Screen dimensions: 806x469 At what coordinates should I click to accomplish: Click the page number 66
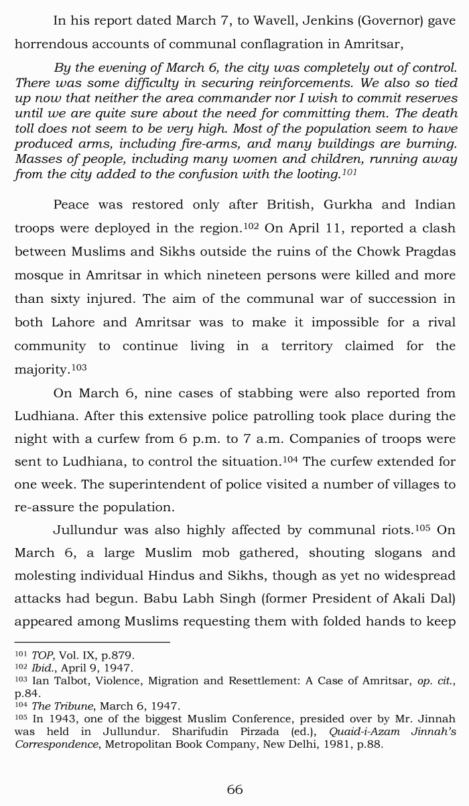tap(234, 789)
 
